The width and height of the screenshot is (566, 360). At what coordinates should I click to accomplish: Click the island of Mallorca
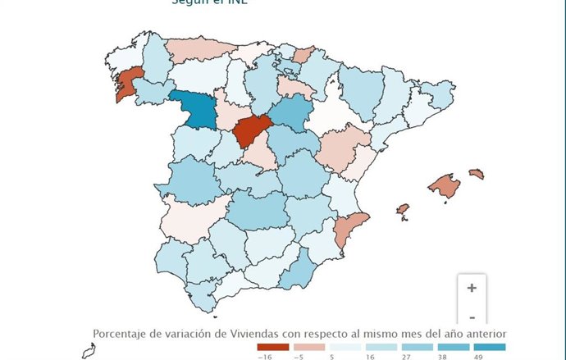(x=444, y=186)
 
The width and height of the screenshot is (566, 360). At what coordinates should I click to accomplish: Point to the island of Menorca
(x=476, y=174)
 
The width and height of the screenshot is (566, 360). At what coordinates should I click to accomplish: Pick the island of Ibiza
(x=402, y=210)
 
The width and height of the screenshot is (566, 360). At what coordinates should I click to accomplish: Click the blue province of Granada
(x=299, y=269)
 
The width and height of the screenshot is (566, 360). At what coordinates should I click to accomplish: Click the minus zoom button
(x=472, y=317)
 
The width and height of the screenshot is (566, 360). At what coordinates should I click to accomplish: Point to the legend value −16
(x=264, y=357)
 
